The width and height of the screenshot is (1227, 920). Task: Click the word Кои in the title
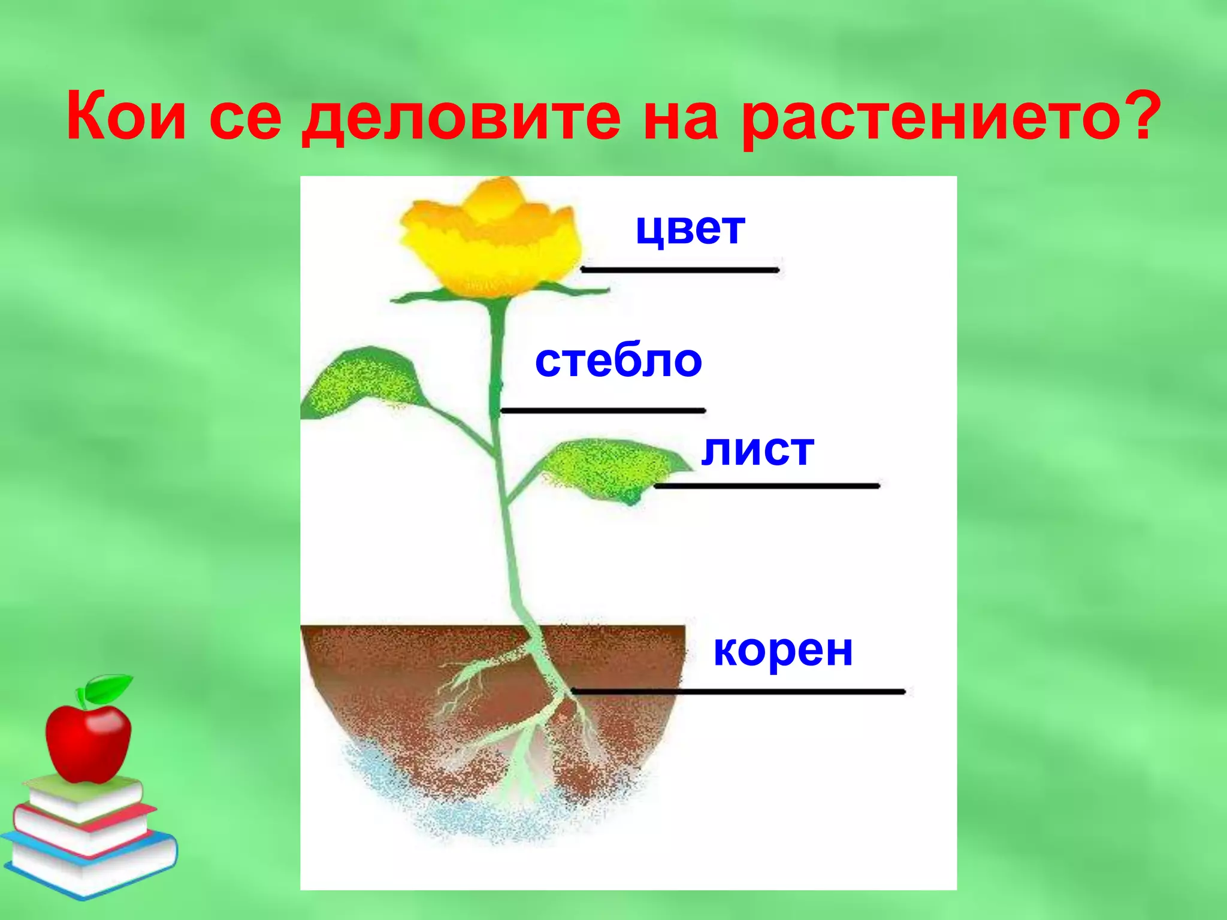126,116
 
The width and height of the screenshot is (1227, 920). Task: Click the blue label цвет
690,229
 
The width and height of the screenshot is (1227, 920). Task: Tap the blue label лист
757,450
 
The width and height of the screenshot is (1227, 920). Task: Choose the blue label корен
783,650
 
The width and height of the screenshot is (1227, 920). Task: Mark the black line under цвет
680,270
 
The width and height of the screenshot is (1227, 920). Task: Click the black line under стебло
603,410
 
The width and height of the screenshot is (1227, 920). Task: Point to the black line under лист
767,486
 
